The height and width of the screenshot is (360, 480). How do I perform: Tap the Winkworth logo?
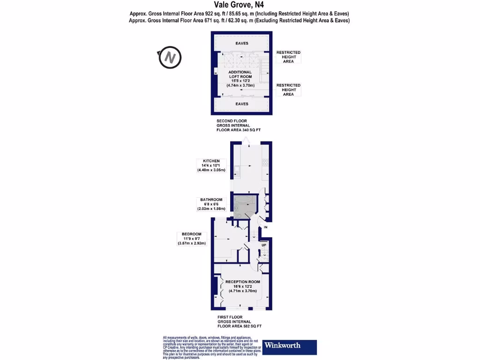coord(290,347)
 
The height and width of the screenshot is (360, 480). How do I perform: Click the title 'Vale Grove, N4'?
coord(240,6)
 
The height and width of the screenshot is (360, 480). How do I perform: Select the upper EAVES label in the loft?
coord(242,44)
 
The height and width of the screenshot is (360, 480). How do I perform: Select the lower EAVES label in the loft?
coord(242,104)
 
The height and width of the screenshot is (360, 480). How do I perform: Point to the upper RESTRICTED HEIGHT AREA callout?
coord(288,57)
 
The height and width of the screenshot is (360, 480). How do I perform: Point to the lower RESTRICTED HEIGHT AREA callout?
coord(288,90)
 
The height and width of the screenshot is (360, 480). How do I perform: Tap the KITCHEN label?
coord(211,161)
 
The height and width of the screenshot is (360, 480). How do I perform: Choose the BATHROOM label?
coord(211,200)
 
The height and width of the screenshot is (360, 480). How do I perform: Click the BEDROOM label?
coord(192,234)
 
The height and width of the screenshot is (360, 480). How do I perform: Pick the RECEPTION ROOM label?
coord(242,282)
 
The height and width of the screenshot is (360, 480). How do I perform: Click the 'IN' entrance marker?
coord(265,227)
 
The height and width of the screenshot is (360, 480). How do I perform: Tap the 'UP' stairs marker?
coord(263,245)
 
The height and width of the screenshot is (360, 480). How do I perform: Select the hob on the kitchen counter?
coord(265,163)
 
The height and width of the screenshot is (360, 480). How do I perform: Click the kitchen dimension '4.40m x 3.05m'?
coord(211,170)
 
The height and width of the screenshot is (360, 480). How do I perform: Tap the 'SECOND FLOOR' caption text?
coord(229,120)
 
